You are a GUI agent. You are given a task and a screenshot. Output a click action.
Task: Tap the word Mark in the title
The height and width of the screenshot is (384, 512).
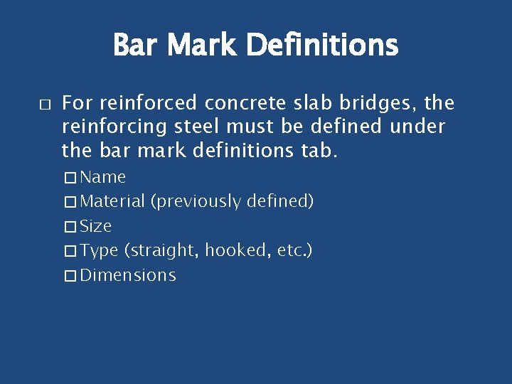(206, 46)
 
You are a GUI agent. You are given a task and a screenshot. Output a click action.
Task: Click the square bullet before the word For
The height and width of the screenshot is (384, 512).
(44, 105)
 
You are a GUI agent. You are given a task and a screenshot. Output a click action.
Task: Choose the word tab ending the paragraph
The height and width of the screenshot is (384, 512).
(312, 151)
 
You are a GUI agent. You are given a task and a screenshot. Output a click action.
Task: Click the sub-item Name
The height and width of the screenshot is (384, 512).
(102, 177)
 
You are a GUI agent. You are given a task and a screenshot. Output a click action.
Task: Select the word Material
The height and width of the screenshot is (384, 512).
(112, 202)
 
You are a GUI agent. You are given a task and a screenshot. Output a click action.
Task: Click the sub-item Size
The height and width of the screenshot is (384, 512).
(96, 227)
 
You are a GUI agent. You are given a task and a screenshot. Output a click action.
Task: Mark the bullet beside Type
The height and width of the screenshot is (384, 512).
(69, 251)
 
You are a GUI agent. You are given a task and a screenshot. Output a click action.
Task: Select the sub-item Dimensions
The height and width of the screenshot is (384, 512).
(128, 276)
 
